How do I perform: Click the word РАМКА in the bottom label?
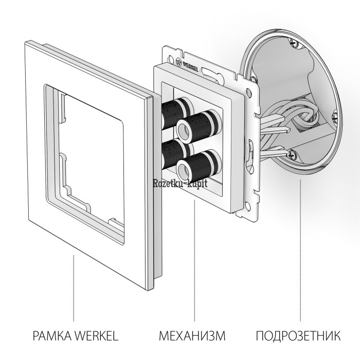(x=52, y=336)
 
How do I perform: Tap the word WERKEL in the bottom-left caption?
(x=97, y=336)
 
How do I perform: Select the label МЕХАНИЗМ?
(x=192, y=336)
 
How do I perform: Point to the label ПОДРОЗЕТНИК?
(x=298, y=336)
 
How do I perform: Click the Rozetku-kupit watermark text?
(x=180, y=184)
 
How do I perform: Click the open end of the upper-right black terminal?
(x=184, y=130)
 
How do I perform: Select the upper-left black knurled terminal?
(x=177, y=113)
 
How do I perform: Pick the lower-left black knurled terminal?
(x=176, y=153)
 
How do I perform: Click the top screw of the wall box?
(x=294, y=43)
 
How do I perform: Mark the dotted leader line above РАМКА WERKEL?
(x=74, y=288)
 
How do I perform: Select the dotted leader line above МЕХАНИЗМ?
(x=194, y=261)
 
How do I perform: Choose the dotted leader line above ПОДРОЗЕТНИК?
(x=300, y=251)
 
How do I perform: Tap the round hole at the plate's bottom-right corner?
(x=247, y=205)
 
